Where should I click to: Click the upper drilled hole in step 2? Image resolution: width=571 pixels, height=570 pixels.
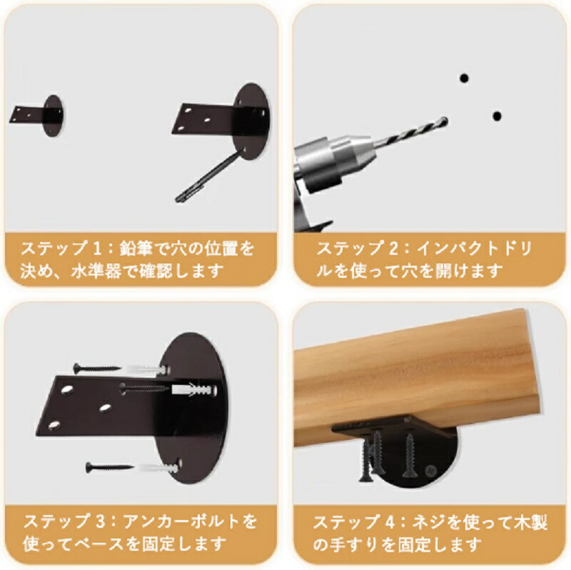464,78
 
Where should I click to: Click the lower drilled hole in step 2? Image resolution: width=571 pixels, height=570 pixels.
497,116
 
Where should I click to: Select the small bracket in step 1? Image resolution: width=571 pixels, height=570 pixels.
36,116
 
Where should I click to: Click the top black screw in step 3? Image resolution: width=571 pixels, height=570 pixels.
96,368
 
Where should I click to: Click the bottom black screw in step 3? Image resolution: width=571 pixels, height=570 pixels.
110,467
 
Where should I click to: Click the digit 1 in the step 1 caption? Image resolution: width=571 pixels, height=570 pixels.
96,249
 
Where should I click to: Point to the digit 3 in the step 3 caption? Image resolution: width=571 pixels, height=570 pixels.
100,521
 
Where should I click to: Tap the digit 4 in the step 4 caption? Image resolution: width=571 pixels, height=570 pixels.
389,522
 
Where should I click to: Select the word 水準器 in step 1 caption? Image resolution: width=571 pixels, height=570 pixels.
91,271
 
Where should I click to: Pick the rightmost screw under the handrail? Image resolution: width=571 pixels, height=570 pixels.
410,456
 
